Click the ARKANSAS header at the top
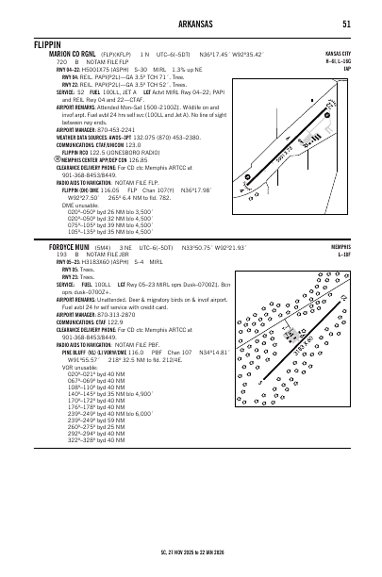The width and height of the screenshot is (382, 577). tap(191, 24)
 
